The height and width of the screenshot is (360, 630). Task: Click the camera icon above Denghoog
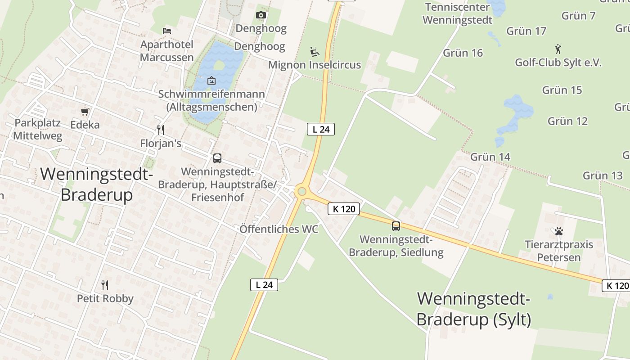tap(261, 15)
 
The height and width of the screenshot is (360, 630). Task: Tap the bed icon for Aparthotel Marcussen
tap(167, 31)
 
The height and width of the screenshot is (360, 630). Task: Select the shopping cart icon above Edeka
tap(85, 111)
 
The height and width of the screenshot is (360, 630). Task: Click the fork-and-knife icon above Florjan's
tap(160, 130)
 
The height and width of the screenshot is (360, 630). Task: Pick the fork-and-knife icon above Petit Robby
tap(105, 285)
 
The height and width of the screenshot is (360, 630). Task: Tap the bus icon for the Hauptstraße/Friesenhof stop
tap(217, 158)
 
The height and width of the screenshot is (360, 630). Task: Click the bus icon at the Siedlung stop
tap(396, 226)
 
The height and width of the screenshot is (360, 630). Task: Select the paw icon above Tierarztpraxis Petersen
tap(559, 231)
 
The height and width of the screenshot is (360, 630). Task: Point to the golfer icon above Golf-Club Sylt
tap(558, 49)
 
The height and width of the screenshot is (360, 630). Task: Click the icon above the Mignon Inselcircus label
tap(315, 52)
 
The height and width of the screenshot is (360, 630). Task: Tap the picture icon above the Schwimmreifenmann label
tap(211, 81)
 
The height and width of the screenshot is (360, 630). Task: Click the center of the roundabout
tap(301, 192)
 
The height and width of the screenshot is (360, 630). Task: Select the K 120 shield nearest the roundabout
tap(344, 209)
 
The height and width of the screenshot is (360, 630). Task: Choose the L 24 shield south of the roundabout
tap(264, 285)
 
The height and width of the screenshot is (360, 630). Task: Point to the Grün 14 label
tap(490, 157)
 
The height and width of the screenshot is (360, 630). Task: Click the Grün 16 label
tap(463, 53)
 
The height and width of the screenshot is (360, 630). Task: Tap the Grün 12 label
tap(567, 121)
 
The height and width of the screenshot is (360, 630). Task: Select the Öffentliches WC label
tap(279, 229)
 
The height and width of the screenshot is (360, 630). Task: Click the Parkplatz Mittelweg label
tap(38, 129)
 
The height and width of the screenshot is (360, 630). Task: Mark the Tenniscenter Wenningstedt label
tap(457, 13)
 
